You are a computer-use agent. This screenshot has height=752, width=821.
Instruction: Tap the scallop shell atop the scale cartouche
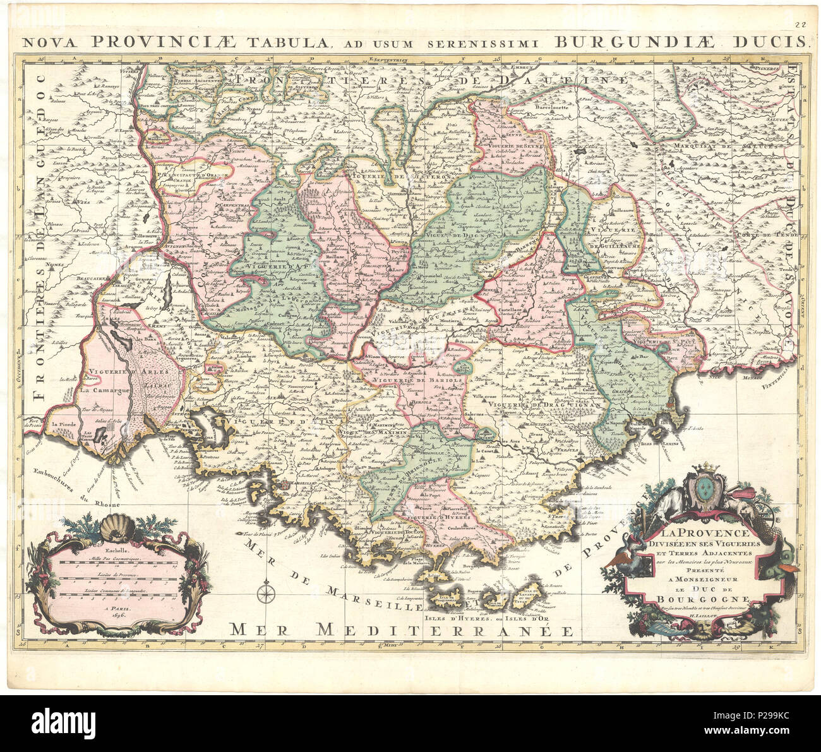coord(117,523)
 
